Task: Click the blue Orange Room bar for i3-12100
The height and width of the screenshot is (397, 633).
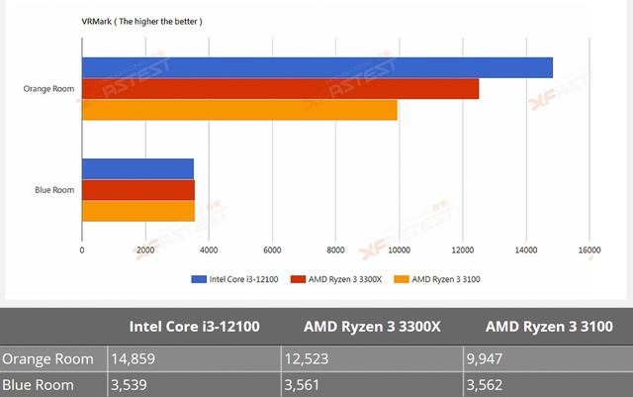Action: (x=316, y=67)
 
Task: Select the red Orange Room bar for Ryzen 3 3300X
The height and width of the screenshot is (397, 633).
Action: (x=280, y=89)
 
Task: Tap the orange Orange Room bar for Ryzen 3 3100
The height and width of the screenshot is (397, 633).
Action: (x=239, y=110)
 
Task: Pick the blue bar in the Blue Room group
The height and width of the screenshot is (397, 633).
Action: (x=137, y=168)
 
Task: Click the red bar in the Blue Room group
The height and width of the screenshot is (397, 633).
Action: (x=137, y=190)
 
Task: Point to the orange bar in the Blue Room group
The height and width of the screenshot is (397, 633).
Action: (x=137, y=211)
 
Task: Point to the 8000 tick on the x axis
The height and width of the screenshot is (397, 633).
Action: (x=335, y=250)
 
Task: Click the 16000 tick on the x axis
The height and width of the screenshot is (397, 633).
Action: (x=588, y=250)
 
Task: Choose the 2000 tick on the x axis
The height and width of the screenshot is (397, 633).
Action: (x=145, y=250)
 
